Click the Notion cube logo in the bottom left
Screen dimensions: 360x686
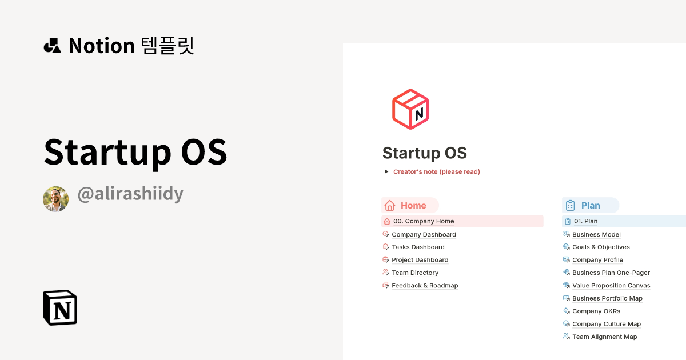tap(60, 307)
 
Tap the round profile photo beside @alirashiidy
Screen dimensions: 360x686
tap(55, 199)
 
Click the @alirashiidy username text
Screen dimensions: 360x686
tap(130, 194)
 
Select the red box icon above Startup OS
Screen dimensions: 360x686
tap(410, 109)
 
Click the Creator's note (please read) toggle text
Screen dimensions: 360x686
tap(436, 171)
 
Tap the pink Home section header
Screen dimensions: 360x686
tap(410, 206)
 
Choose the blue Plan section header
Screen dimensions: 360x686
tap(591, 206)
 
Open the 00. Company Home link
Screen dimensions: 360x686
tap(424, 221)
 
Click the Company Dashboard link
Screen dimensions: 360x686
tap(424, 234)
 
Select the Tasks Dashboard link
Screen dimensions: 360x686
tap(418, 247)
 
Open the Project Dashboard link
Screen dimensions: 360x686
tap(420, 260)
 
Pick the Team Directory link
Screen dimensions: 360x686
tap(415, 273)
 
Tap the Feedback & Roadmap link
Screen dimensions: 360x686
tap(425, 286)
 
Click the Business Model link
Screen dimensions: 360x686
tap(596, 234)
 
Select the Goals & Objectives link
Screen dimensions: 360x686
tap(601, 247)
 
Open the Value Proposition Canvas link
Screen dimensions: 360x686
tap(611, 286)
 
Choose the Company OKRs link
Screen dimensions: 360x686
tap(596, 311)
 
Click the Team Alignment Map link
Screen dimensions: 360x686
tap(604, 337)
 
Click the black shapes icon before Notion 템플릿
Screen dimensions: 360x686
tap(53, 46)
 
